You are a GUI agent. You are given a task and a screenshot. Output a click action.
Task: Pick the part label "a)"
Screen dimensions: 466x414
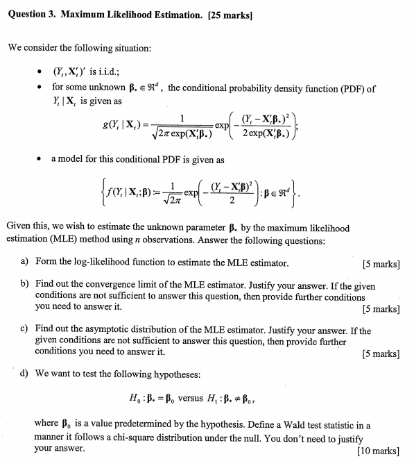coord(24,263)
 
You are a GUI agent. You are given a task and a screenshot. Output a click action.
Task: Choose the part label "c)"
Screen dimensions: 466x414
coord(24,330)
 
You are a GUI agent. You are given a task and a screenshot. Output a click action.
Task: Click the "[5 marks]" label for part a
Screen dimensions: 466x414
coord(381,264)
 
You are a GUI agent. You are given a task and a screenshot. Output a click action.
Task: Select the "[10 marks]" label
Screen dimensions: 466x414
coord(378,450)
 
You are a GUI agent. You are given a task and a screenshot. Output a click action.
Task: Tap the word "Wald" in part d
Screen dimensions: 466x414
coord(281,425)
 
